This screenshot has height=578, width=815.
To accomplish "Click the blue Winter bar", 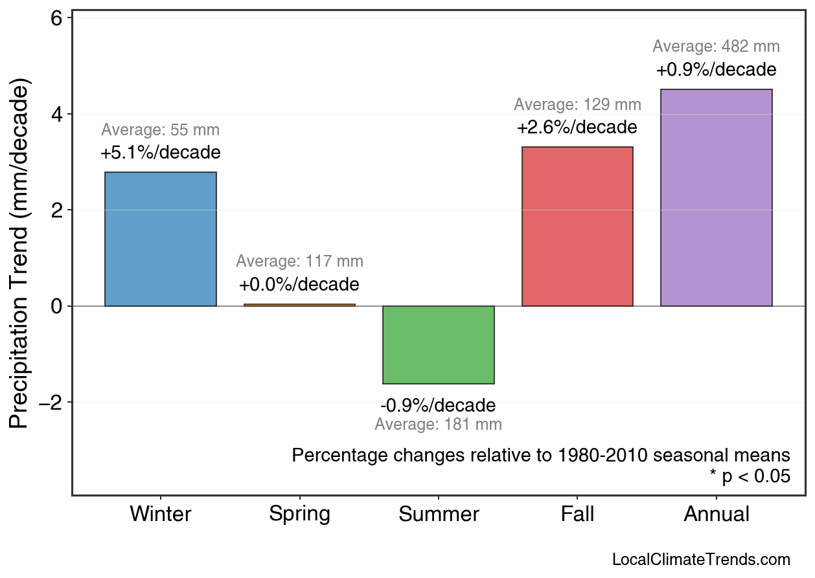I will pos(161,239).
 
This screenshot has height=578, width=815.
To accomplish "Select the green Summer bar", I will pos(439,345).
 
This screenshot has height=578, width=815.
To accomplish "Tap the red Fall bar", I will pos(577,227).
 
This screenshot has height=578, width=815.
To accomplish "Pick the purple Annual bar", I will pos(716,197).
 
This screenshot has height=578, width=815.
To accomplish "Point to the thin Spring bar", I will pos(299,305).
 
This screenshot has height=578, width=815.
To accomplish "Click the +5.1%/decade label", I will pos(161,153).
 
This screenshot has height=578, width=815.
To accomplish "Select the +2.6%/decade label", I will pos(577,128).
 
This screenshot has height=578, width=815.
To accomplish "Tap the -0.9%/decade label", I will pos(439,406).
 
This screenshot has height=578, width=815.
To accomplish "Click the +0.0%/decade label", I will pos(299,285).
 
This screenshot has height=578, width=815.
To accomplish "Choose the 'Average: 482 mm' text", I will pos(716,47).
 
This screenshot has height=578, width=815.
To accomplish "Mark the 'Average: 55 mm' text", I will pos(161,130).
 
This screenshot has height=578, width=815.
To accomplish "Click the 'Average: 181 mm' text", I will pos(439,425).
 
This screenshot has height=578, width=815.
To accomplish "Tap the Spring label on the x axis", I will pos(299,514).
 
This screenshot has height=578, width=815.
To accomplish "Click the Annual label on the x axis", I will pos(716,514).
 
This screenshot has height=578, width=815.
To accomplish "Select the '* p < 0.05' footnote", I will pos(750,477).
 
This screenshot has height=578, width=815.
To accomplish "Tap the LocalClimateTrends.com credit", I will pos(701,560).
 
